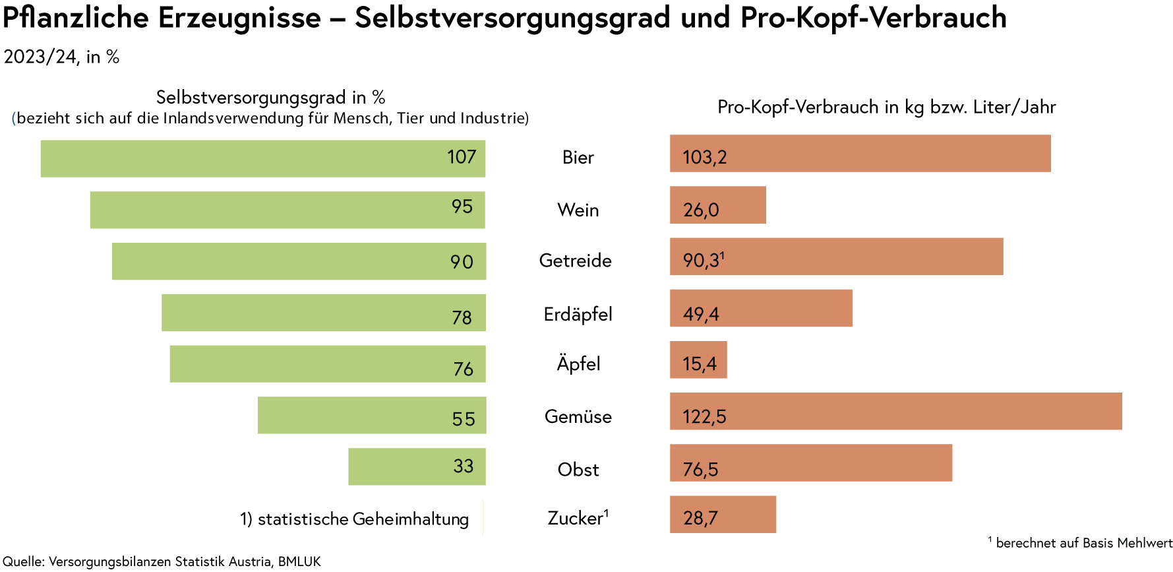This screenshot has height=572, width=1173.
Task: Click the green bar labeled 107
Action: [x=262, y=158]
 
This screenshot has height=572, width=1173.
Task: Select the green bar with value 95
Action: [x=287, y=210]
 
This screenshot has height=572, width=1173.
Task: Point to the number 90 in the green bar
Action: [x=462, y=262]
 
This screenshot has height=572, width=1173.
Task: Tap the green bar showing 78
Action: [x=323, y=312]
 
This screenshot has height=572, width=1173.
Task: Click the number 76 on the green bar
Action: [x=463, y=369]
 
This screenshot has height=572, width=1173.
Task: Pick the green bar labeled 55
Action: [x=371, y=415]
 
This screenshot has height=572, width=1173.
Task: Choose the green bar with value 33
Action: [x=417, y=466]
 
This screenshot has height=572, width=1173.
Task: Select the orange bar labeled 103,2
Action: [x=860, y=154]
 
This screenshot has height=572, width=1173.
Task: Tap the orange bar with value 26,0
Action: [x=717, y=205]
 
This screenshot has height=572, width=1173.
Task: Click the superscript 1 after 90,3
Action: [x=723, y=255]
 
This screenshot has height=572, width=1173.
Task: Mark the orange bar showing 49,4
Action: [x=761, y=308]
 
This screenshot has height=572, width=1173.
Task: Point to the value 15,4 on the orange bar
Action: [x=700, y=364]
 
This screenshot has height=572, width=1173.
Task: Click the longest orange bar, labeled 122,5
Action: [x=895, y=412]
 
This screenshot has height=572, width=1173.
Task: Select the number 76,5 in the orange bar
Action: [x=700, y=469]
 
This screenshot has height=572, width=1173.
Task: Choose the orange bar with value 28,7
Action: [x=723, y=515]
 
